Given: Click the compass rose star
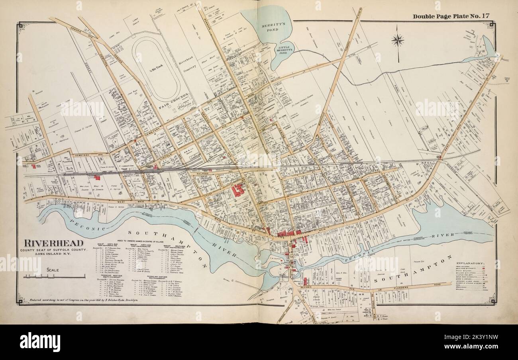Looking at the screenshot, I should point(397,40).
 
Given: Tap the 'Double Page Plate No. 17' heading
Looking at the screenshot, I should point(451,16).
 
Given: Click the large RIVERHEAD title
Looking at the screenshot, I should point(55,243).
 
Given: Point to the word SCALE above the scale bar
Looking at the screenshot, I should point(53,270).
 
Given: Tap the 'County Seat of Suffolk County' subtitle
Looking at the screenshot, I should point(55,250).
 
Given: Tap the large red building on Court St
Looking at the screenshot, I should point(238,190).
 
